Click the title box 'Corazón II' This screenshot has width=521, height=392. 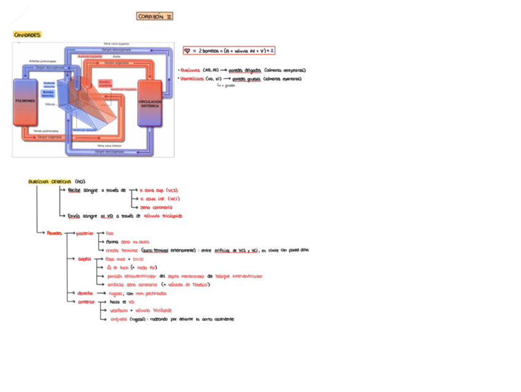click(154, 17)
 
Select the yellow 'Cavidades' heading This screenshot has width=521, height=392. click(28, 35)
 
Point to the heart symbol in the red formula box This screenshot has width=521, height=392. click(187, 50)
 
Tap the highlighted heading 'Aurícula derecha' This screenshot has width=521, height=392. click(50, 182)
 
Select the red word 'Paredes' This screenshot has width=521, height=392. click(55, 233)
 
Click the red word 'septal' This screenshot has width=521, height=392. click(84, 259)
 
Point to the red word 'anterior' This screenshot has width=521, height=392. click(85, 302)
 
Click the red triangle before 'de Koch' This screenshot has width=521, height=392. click(109, 268)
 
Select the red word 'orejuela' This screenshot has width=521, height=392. click(116, 319)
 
